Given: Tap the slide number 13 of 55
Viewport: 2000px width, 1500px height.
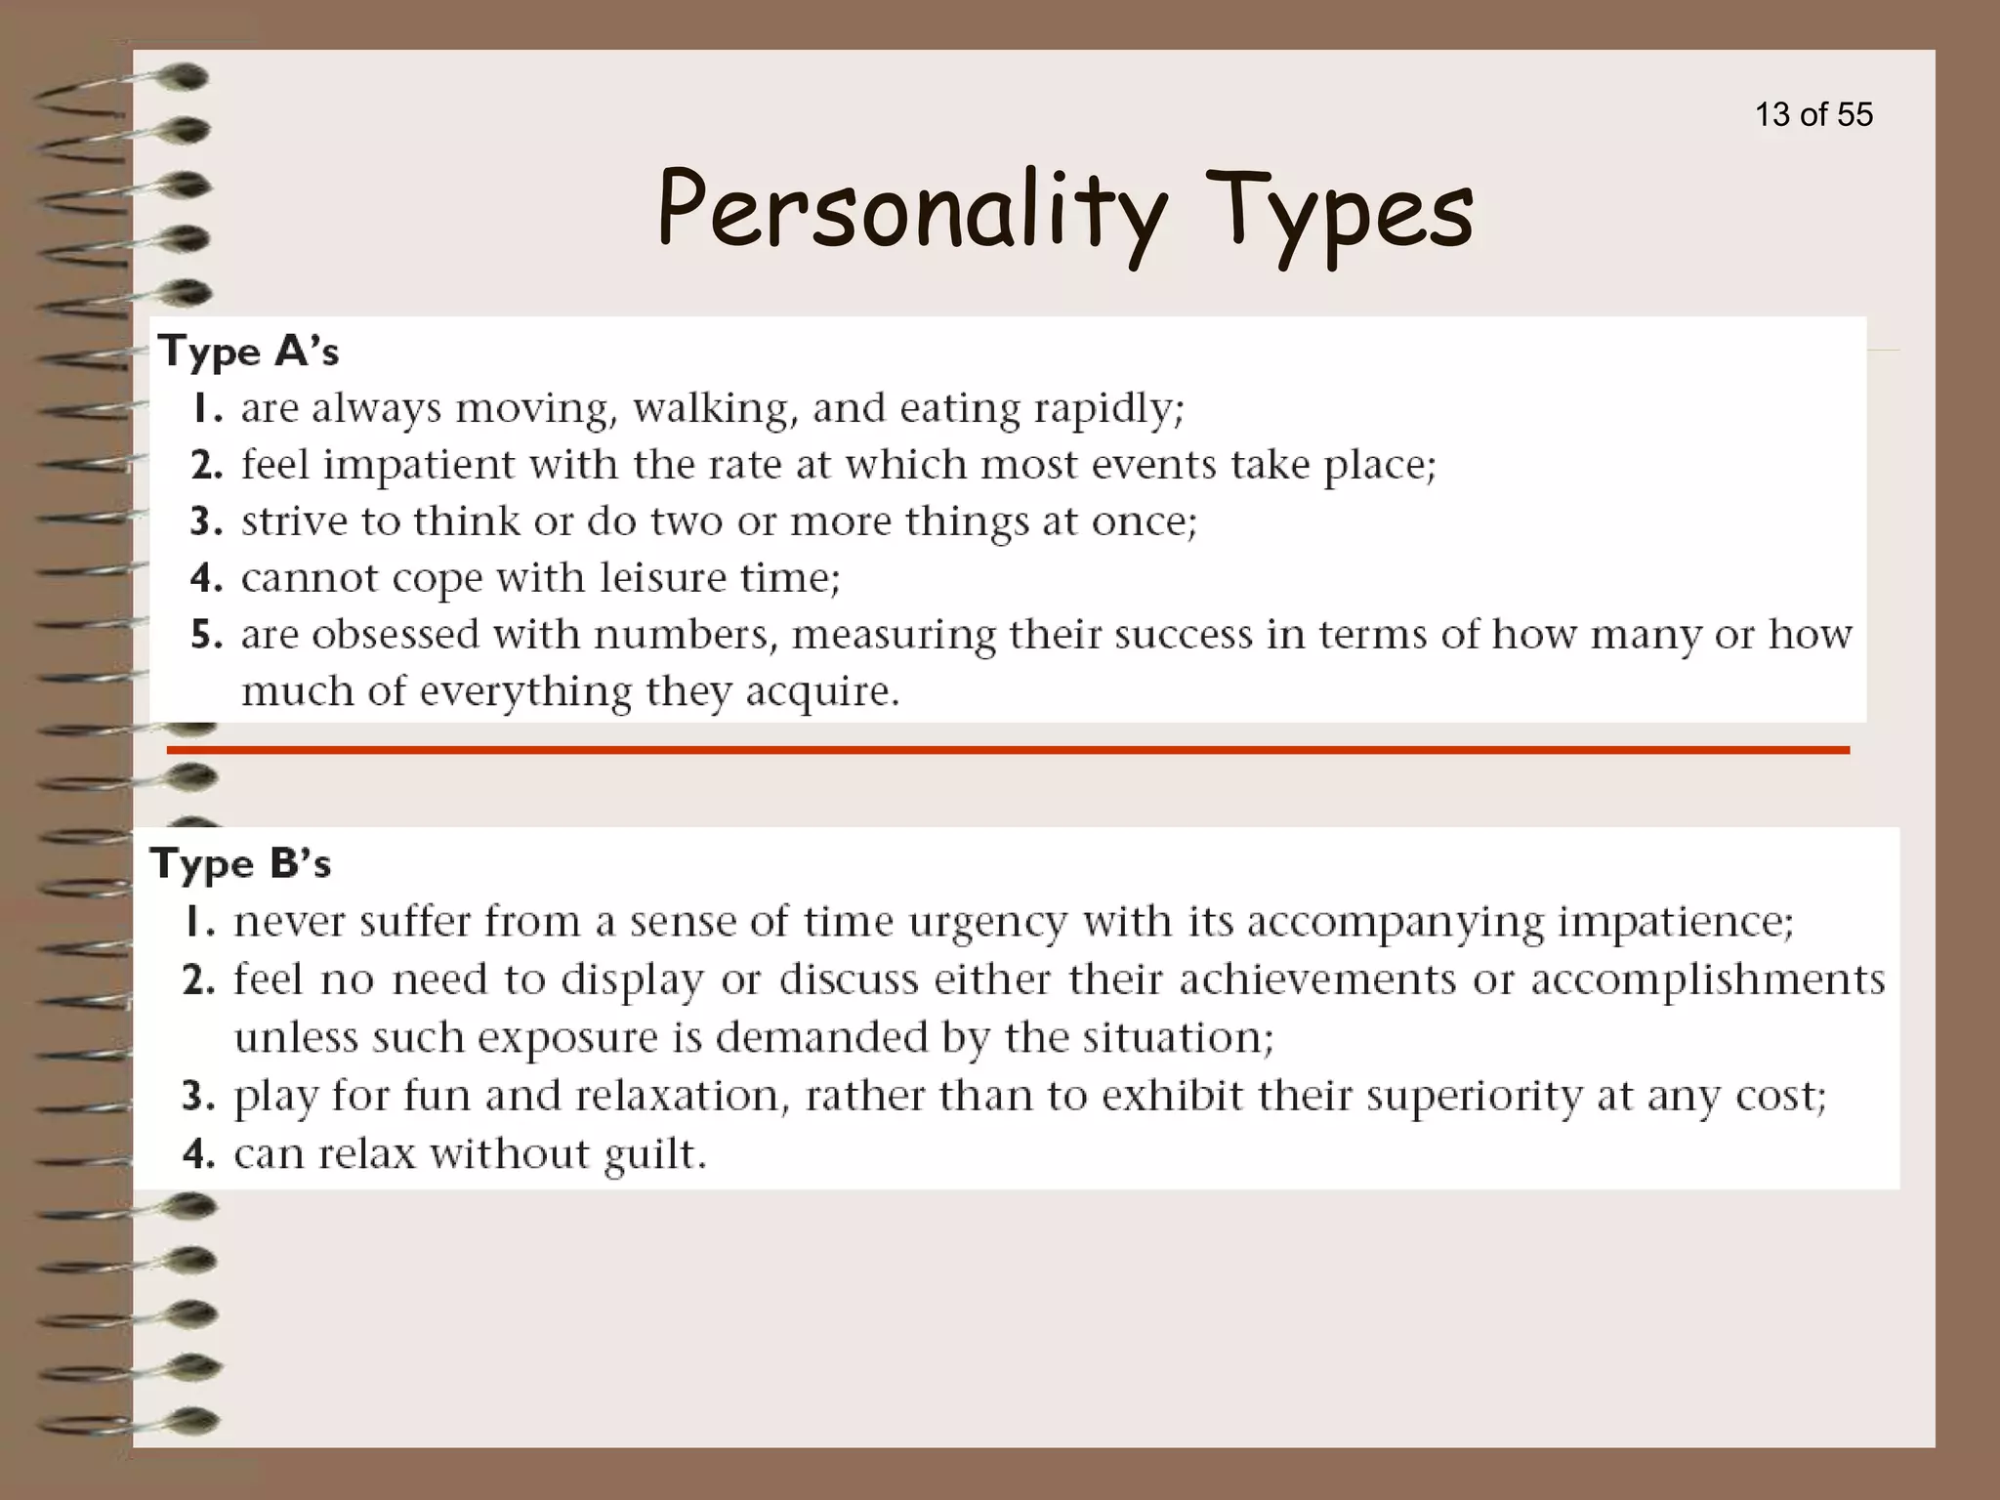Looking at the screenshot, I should (1813, 114).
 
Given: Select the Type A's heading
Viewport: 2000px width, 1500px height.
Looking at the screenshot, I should (249, 352).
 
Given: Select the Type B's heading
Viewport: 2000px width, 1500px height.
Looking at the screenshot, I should (241, 863).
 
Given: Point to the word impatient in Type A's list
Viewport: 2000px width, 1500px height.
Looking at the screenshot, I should (419, 465).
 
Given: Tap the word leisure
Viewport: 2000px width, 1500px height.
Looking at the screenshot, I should (663, 577).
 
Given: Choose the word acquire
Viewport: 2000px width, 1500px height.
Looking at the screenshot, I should (822, 691).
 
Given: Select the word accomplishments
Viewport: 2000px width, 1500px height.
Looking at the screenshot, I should (1708, 979).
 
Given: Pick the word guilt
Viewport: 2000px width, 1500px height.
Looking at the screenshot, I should (654, 1154).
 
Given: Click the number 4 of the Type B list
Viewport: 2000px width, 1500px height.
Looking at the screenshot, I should (199, 1154).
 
